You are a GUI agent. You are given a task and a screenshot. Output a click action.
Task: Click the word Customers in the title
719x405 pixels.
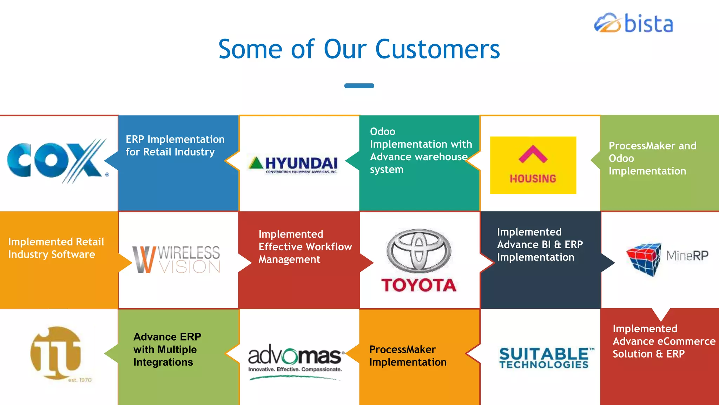click(x=437, y=49)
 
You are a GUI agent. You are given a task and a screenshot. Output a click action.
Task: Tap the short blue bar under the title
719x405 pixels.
click(x=359, y=86)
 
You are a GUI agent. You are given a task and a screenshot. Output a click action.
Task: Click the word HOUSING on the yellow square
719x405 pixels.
click(x=533, y=179)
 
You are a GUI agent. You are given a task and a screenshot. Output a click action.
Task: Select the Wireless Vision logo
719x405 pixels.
click(x=177, y=259)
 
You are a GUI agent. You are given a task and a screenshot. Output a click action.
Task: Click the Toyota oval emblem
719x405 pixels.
click(x=419, y=251)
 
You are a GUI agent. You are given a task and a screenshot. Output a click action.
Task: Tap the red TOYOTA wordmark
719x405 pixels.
click(x=419, y=285)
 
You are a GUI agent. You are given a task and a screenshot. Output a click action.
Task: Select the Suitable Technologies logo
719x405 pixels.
click(x=545, y=358)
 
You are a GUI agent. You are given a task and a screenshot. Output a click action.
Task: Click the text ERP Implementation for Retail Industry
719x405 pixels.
click(x=175, y=146)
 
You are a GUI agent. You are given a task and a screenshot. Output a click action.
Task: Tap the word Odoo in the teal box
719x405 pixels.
click(x=382, y=132)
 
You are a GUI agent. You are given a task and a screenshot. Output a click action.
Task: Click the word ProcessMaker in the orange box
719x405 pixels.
click(x=402, y=349)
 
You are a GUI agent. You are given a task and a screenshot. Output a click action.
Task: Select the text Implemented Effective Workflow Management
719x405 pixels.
click(x=305, y=247)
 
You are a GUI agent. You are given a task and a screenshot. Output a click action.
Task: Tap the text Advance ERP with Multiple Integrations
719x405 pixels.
click(x=167, y=349)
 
